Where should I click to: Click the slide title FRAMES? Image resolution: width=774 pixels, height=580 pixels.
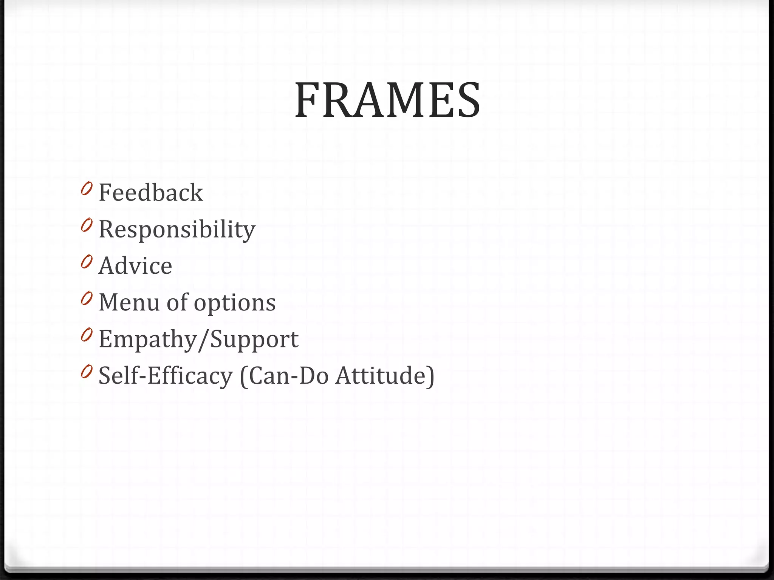[x=387, y=100]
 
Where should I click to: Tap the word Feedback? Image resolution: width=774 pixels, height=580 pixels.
[x=151, y=193]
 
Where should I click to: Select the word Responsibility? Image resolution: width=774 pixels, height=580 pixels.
[x=177, y=229]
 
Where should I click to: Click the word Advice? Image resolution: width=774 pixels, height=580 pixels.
[x=135, y=266]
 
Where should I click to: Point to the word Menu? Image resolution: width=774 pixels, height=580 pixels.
[x=129, y=302]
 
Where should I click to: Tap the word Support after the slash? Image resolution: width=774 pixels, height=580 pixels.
[x=254, y=339]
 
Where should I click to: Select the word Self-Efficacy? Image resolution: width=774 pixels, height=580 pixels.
[x=166, y=376]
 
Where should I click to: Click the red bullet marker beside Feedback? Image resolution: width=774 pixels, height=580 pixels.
[x=86, y=188]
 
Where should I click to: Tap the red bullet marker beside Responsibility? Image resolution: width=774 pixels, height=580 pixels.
[x=86, y=225]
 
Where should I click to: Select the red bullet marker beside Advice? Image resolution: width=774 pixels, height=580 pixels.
[x=86, y=262]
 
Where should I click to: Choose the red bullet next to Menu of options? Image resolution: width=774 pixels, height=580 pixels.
[x=86, y=298]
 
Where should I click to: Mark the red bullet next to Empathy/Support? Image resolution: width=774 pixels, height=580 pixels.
[x=86, y=335]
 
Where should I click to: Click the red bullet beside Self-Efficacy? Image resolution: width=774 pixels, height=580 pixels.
[x=86, y=372]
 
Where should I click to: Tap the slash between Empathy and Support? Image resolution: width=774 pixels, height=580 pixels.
[x=203, y=339]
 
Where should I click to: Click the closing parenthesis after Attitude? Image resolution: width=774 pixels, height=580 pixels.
[x=430, y=376]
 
